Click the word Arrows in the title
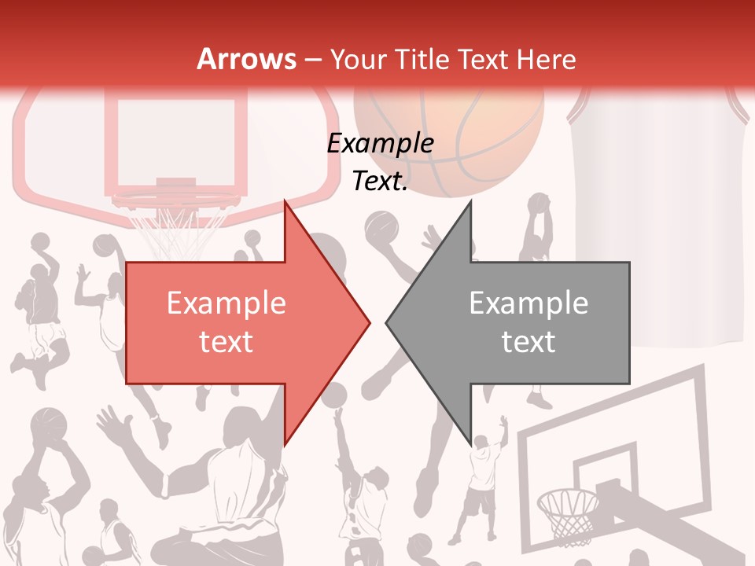pos(246,59)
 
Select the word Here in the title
pos(544,59)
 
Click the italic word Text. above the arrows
pos(380,182)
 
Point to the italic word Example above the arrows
pos(380,144)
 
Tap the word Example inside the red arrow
pos(226,303)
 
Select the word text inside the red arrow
pos(226,342)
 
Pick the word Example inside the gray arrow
pos(528,303)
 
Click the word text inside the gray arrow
pos(528,342)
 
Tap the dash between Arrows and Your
pos(313,59)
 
